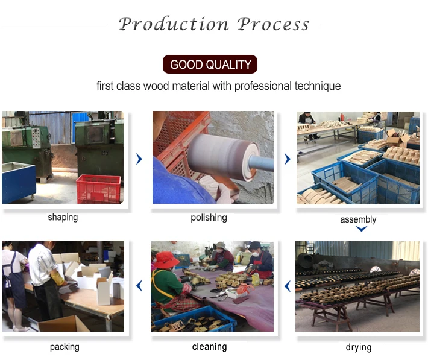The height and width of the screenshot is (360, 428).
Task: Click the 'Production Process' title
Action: (x=213, y=24)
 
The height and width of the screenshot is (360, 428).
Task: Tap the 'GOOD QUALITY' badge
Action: (x=210, y=65)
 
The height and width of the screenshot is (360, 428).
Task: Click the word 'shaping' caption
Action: (x=63, y=218)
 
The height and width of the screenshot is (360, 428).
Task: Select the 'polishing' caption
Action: (x=209, y=218)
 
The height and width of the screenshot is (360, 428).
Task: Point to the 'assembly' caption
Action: (x=358, y=219)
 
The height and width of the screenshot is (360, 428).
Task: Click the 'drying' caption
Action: (x=359, y=347)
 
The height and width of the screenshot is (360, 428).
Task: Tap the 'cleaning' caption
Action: (x=209, y=347)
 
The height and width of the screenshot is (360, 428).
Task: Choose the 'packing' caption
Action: (x=64, y=347)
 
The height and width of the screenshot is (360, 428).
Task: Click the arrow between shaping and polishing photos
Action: (x=139, y=159)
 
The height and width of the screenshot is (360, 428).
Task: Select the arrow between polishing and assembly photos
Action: (x=287, y=159)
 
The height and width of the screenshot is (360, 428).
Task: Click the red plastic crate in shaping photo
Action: (x=98, y=188)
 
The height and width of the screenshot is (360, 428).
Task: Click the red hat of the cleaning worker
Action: (x=167, y=259)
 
